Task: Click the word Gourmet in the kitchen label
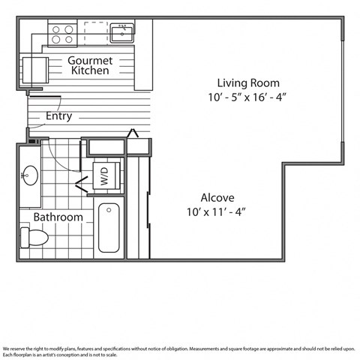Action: pos(91,60)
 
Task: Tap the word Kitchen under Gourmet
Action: pos(91,70)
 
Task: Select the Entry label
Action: pos(59,116)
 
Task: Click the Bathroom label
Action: pos(58,217)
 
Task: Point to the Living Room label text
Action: pos(248,82)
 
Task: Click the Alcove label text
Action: pos(216,199)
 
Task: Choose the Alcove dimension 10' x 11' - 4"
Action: pos(216,212)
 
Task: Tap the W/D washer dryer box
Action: pos(104,178)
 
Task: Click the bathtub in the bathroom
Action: pos(110,227)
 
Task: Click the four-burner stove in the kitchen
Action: pos(63,33)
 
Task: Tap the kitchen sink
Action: pos(123,33)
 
